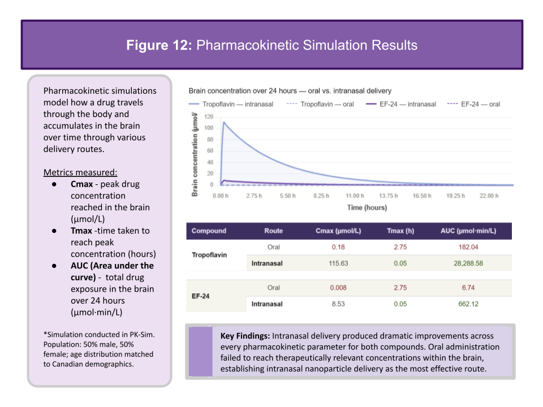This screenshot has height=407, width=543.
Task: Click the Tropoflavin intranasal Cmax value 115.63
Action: click(x=338, y=263)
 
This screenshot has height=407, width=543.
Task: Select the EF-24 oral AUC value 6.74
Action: click(x=468, y=288)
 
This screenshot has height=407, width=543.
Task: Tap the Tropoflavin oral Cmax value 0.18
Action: click(x=338, y=247)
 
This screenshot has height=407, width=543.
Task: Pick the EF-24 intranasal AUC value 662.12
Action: click(x=468, y=304)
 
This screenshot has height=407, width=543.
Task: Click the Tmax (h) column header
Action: click(x=400, y=231)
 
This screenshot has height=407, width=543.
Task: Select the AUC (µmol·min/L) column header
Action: click(x=468, y=231)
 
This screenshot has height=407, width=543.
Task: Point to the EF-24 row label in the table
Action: click(x=200, y=296)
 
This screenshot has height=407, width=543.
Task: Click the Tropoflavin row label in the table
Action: click(x=209, y=255)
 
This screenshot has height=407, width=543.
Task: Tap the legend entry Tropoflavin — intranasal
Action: click(x=231, y=104)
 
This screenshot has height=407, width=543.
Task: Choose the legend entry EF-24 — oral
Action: click(x=474, y=104)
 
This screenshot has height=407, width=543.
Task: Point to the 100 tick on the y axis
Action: click(x=209, y=128)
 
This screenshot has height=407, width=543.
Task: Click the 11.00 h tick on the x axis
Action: click(x=355, y=196)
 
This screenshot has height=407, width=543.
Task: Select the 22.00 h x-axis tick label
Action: click(x=489, y=196)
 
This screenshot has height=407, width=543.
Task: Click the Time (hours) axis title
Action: click(x=367, y=207)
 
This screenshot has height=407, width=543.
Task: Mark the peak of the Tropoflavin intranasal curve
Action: click(x=224, y=122)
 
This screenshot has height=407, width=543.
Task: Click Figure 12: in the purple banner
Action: click(x=159, y=45)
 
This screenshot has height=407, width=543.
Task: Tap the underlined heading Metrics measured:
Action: click(x=80, y=172)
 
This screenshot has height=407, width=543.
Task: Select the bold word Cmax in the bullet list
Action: click(x=81, y=184)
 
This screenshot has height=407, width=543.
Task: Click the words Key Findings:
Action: click(x=245, y=336)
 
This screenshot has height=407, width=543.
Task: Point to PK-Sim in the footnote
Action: click(x=142, y=335)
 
